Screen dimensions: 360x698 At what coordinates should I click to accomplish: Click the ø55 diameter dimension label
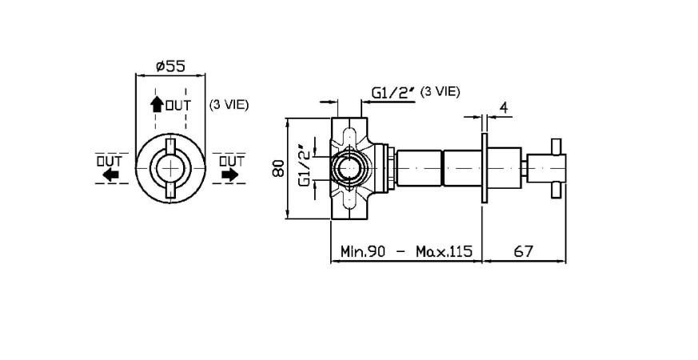pyautogui.click(x=171, y=67)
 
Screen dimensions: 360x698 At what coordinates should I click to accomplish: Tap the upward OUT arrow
pyautogui.click(x=158, y=105)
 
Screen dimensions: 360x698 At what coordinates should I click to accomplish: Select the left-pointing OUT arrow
pyautogui.click(x=112, y=174)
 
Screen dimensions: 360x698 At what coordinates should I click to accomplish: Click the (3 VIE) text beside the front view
pyautogui.click(x=228, y=105)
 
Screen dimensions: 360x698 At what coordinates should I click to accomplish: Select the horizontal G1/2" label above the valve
pyautogui.click(x=393, y=94)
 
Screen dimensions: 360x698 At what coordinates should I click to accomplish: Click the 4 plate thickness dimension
pyautogui.click(x=504, y=106)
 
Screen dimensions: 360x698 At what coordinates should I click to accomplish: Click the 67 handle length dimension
pyautogui.click(x=524, y=251)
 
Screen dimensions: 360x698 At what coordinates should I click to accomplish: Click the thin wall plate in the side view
pyautogui.click(x=484, y=169)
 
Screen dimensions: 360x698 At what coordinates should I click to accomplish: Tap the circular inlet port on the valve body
pyautogui.click(x=348, y=169)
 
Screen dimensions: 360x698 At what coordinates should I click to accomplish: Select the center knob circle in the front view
pyautogui.click(x=171, y=169)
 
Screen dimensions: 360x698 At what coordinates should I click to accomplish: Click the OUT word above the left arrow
pyautogui.click(x=109, y=160)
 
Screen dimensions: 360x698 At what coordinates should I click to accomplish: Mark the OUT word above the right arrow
pyautogui.click(x=230, y=160)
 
